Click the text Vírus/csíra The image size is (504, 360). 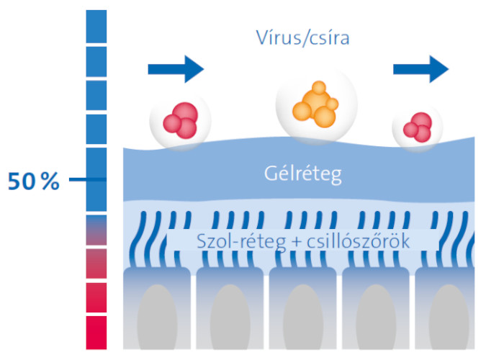302,38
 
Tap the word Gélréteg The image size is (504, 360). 303,174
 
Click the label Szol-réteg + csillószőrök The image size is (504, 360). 303,241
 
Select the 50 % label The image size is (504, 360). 33,181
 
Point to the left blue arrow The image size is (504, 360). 176,69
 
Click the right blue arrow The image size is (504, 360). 420,69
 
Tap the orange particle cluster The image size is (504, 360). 315,104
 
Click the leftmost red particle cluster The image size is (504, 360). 181,120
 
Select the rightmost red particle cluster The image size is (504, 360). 418,127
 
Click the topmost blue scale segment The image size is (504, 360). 96,27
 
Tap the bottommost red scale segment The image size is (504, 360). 96,333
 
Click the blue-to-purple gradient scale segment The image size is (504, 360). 96,230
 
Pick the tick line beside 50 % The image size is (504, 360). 87,179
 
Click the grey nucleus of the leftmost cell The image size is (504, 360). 157,317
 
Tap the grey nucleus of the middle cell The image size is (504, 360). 303,317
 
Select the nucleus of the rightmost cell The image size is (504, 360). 449,317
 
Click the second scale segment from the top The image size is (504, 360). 96,62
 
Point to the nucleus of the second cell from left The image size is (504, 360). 230,317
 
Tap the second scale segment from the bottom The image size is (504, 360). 96,297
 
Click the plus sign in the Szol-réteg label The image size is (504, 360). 296,242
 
